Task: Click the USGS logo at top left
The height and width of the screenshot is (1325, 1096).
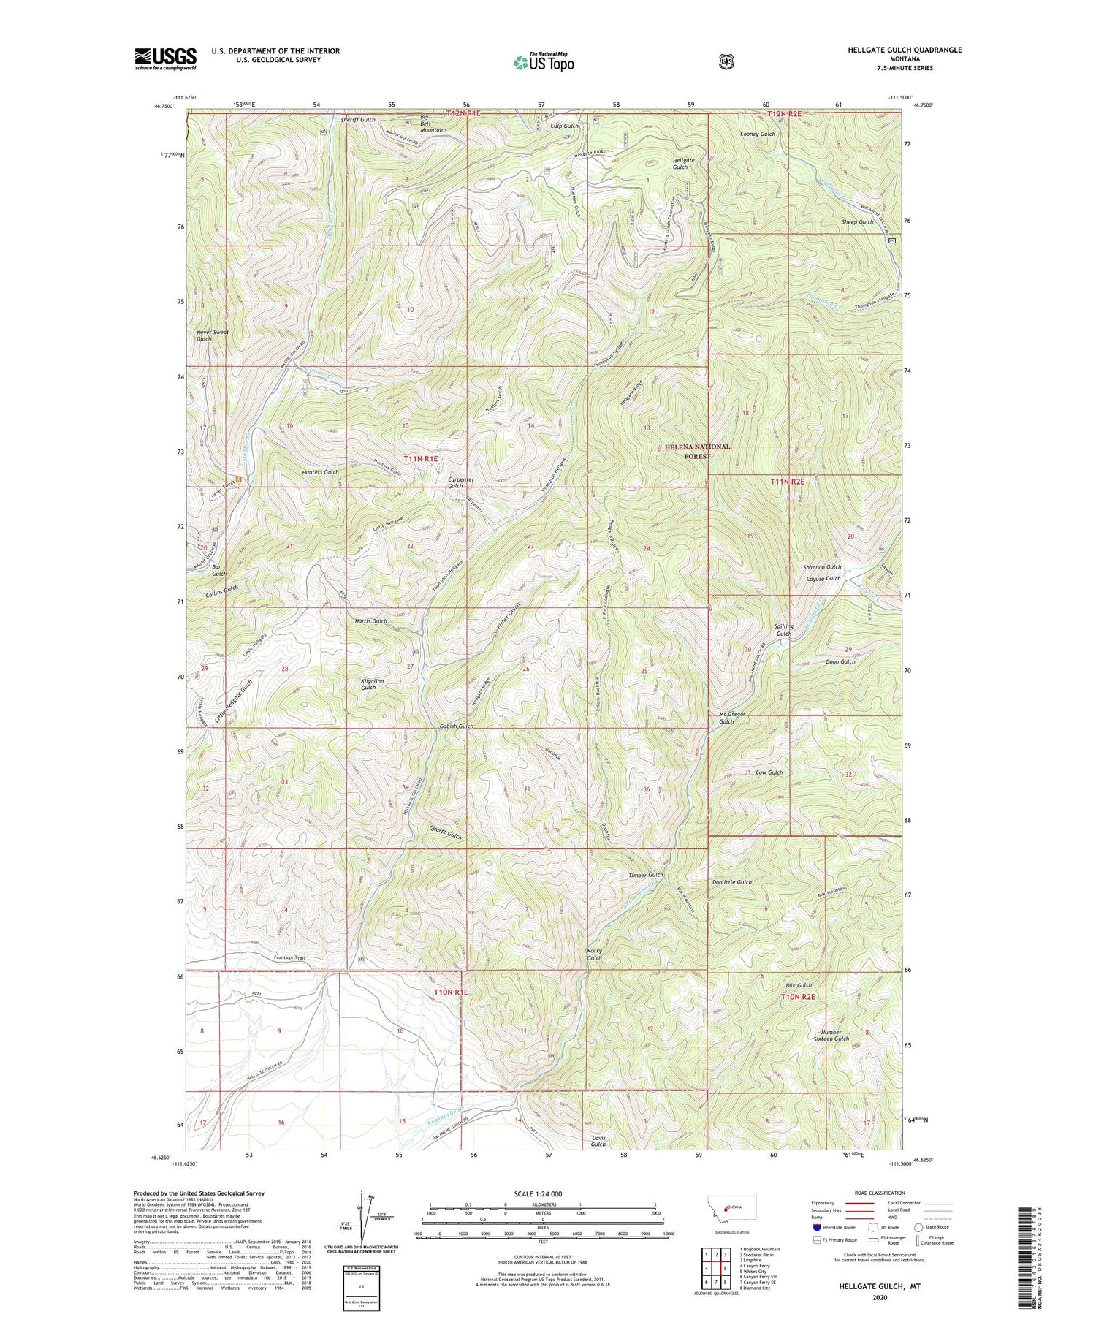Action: pyautogui.click(x=165, y=58)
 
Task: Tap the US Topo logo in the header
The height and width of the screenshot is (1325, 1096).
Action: pyautogui.click(x=544, y=61)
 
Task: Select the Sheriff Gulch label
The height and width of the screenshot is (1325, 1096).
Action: pyautogui.click(x=358, y=120)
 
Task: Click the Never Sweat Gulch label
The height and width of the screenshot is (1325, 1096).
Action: pyautogui.click(x=213, y=335)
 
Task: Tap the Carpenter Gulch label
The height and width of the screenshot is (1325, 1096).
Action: pyautogui.click(x=461, y=483)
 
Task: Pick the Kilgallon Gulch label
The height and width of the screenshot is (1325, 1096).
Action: pyautogui.click(x=373, y=684)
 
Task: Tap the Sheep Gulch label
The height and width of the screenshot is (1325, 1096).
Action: pyautogui.click(x=857, y=222)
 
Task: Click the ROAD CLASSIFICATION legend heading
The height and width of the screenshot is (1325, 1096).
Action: pyautogui.click(x=868, y=1193)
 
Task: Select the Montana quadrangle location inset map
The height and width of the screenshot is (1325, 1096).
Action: pyautogui.click(x=732, y=1210)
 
